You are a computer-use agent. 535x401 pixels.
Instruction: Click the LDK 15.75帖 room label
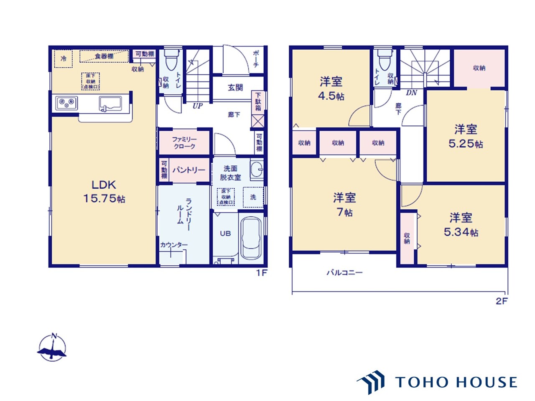point(104,191)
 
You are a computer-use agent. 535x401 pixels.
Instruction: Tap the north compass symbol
point(52,348)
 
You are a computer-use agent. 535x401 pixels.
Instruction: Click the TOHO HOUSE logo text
point(456,382)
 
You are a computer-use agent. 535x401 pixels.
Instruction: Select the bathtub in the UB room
point(251,239)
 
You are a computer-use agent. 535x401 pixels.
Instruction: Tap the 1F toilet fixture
point(172,61)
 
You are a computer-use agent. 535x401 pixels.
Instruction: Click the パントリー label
point(189,170)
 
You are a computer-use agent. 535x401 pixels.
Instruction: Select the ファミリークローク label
point(184,143)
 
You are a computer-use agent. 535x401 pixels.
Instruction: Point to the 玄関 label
point(235,88)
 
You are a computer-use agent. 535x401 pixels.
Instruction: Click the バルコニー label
point(344,273)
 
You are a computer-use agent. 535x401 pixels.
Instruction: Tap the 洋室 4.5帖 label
point(332,88)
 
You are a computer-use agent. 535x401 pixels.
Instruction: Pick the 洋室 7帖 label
point(344,204)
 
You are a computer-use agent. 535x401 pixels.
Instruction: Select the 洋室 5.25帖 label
point(466,136)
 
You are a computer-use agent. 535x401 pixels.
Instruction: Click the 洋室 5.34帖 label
point(461,225)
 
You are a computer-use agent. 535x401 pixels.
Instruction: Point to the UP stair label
point(197,106)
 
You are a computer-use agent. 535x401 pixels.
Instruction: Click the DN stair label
point(411,93)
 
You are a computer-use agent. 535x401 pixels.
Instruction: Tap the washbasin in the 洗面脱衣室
point(257,170)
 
